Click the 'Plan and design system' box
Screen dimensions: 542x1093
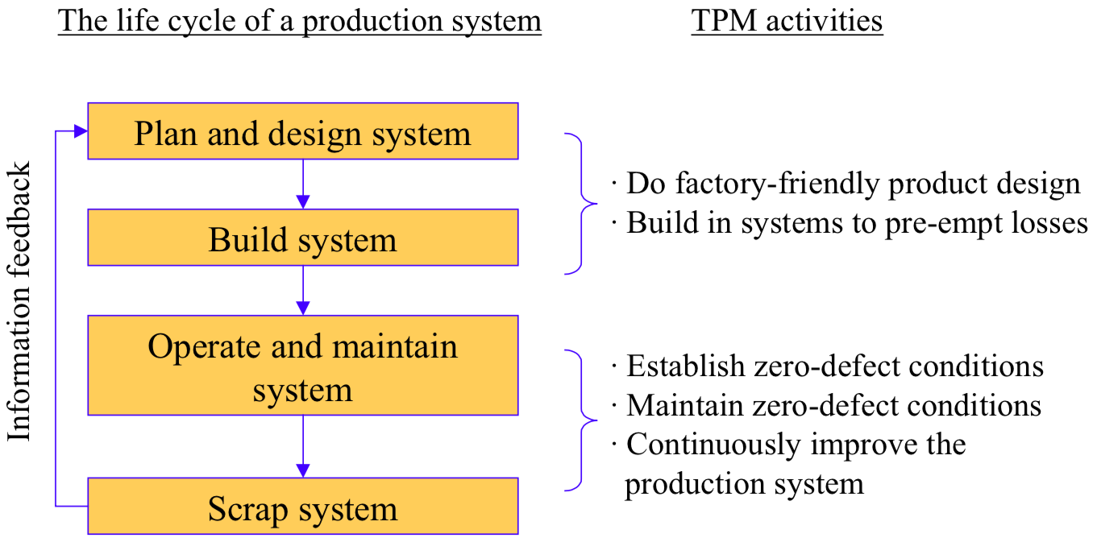[x=302, y=131]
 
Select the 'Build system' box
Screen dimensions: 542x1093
[x=302, y=238]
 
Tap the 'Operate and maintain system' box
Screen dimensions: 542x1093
[x=302, y=366]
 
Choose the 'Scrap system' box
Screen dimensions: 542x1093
[x=302, y=507]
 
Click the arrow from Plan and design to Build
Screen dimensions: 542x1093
[x=302, y=184]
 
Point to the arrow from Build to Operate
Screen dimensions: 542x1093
[x=302, y=291]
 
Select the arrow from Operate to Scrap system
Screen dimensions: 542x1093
[x=302, y=447]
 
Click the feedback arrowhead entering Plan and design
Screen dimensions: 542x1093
[x=80, y=131]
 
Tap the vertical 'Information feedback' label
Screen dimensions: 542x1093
[x=19, y=302]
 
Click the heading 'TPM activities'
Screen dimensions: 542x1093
[x=787, y=21]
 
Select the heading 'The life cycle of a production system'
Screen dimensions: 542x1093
[x=300, y=21]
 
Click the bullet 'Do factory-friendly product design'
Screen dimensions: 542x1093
[x=853, y=184]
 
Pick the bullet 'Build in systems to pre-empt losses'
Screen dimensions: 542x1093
[x=857, y=223]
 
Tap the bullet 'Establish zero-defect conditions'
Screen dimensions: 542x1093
[x=834, y=366]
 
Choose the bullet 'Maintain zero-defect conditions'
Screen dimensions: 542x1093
[x=833, y=405]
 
